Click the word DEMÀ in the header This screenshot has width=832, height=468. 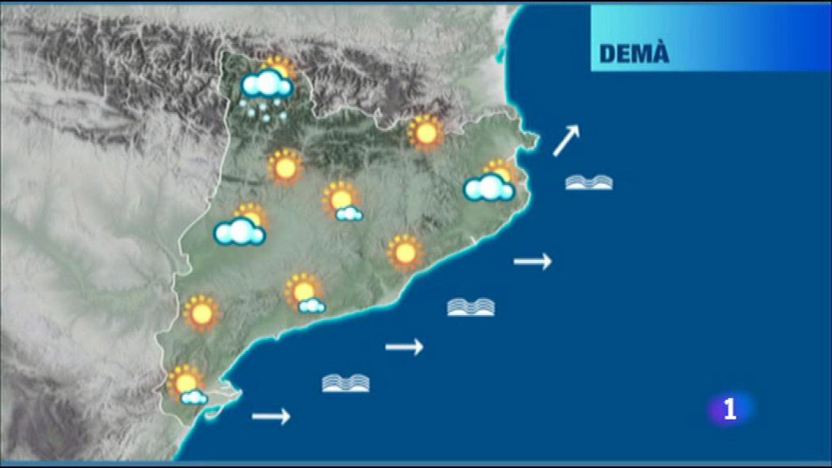(x=634, y=54)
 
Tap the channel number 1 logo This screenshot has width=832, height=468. (x=730, y=409)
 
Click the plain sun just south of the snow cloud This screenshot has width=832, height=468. (x=285, y=167)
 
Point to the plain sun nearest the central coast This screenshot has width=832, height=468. (x=405, y=253)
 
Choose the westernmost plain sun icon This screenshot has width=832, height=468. (x=202, y=313)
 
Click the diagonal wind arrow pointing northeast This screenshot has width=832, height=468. (x=566, y=140)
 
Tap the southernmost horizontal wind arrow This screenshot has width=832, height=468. (x=271, y=416)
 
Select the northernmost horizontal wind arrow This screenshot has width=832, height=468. (x=532, y=261)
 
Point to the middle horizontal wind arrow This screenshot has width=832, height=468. (x=404, y=346)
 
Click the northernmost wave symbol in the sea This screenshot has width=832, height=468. (x=589, y=183)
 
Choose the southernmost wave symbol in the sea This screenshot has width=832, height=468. (x=346, y=384)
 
